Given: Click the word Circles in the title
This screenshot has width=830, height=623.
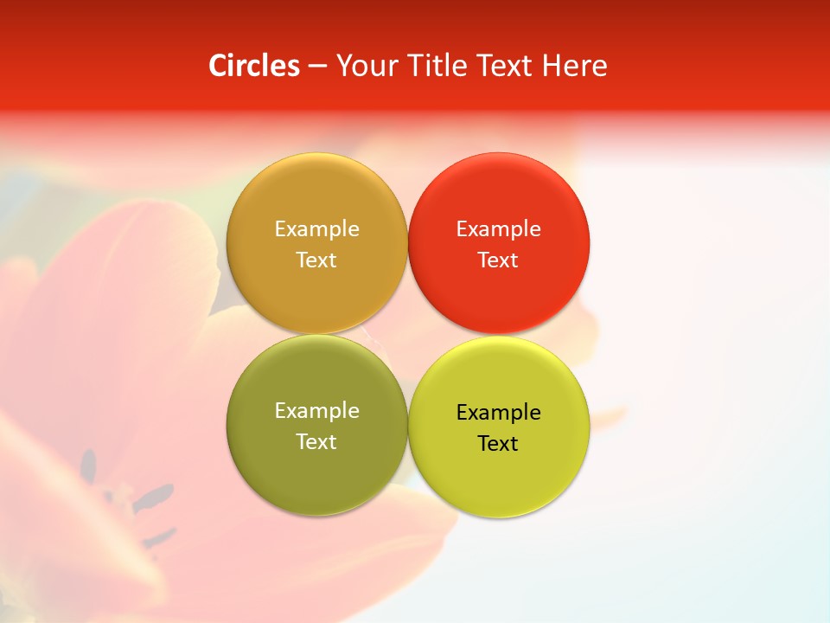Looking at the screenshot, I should coord(254,66).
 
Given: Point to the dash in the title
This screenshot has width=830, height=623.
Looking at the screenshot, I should coord(317,67).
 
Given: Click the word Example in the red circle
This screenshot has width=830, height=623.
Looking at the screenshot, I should coord(498,229).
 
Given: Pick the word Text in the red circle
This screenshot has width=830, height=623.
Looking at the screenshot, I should coord(498,260).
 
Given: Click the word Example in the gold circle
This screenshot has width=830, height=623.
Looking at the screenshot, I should coord(316,229).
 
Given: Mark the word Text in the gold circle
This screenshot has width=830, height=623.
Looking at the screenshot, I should coord(316,260).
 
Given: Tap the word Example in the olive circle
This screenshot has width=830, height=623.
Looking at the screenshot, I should coord(316,411).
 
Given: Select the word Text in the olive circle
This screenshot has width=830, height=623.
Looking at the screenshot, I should coord(316,442).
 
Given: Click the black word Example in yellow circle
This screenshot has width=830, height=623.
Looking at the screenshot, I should coord(498,413).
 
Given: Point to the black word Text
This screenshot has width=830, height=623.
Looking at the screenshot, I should coord(498,444).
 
